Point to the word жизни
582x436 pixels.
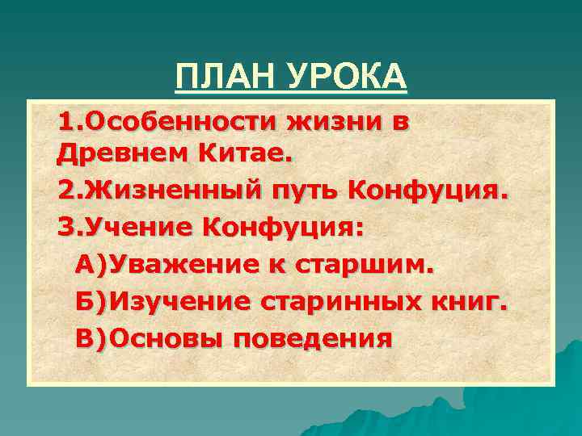coord(335,123)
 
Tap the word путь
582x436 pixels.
coord(306,191)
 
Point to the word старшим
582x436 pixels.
coord(367,264)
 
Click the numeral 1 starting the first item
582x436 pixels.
coord(65,123)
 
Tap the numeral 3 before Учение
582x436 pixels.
coord(65,227)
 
